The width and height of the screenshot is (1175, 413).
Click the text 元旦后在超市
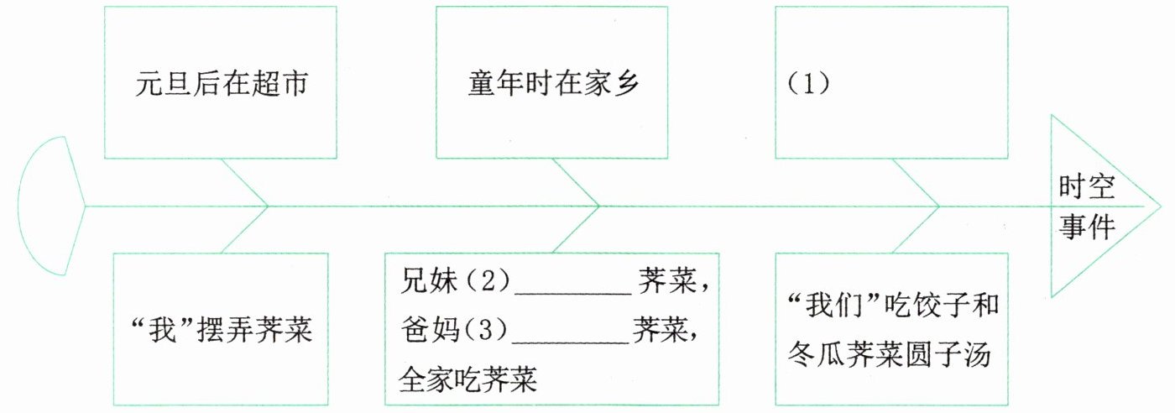click(220, 86)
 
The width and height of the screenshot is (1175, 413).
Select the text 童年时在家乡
click(551, 86)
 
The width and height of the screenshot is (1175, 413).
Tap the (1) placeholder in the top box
click(807, 86)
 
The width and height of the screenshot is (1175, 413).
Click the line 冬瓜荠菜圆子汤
click(890, 357)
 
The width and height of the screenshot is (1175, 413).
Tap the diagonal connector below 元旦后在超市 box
click(242, 181)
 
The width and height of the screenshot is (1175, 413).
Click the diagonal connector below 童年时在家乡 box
click(575, 181)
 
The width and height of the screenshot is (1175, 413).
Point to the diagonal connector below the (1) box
click(915, 181)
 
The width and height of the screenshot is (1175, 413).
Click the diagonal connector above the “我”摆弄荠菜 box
click(243, 229)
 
